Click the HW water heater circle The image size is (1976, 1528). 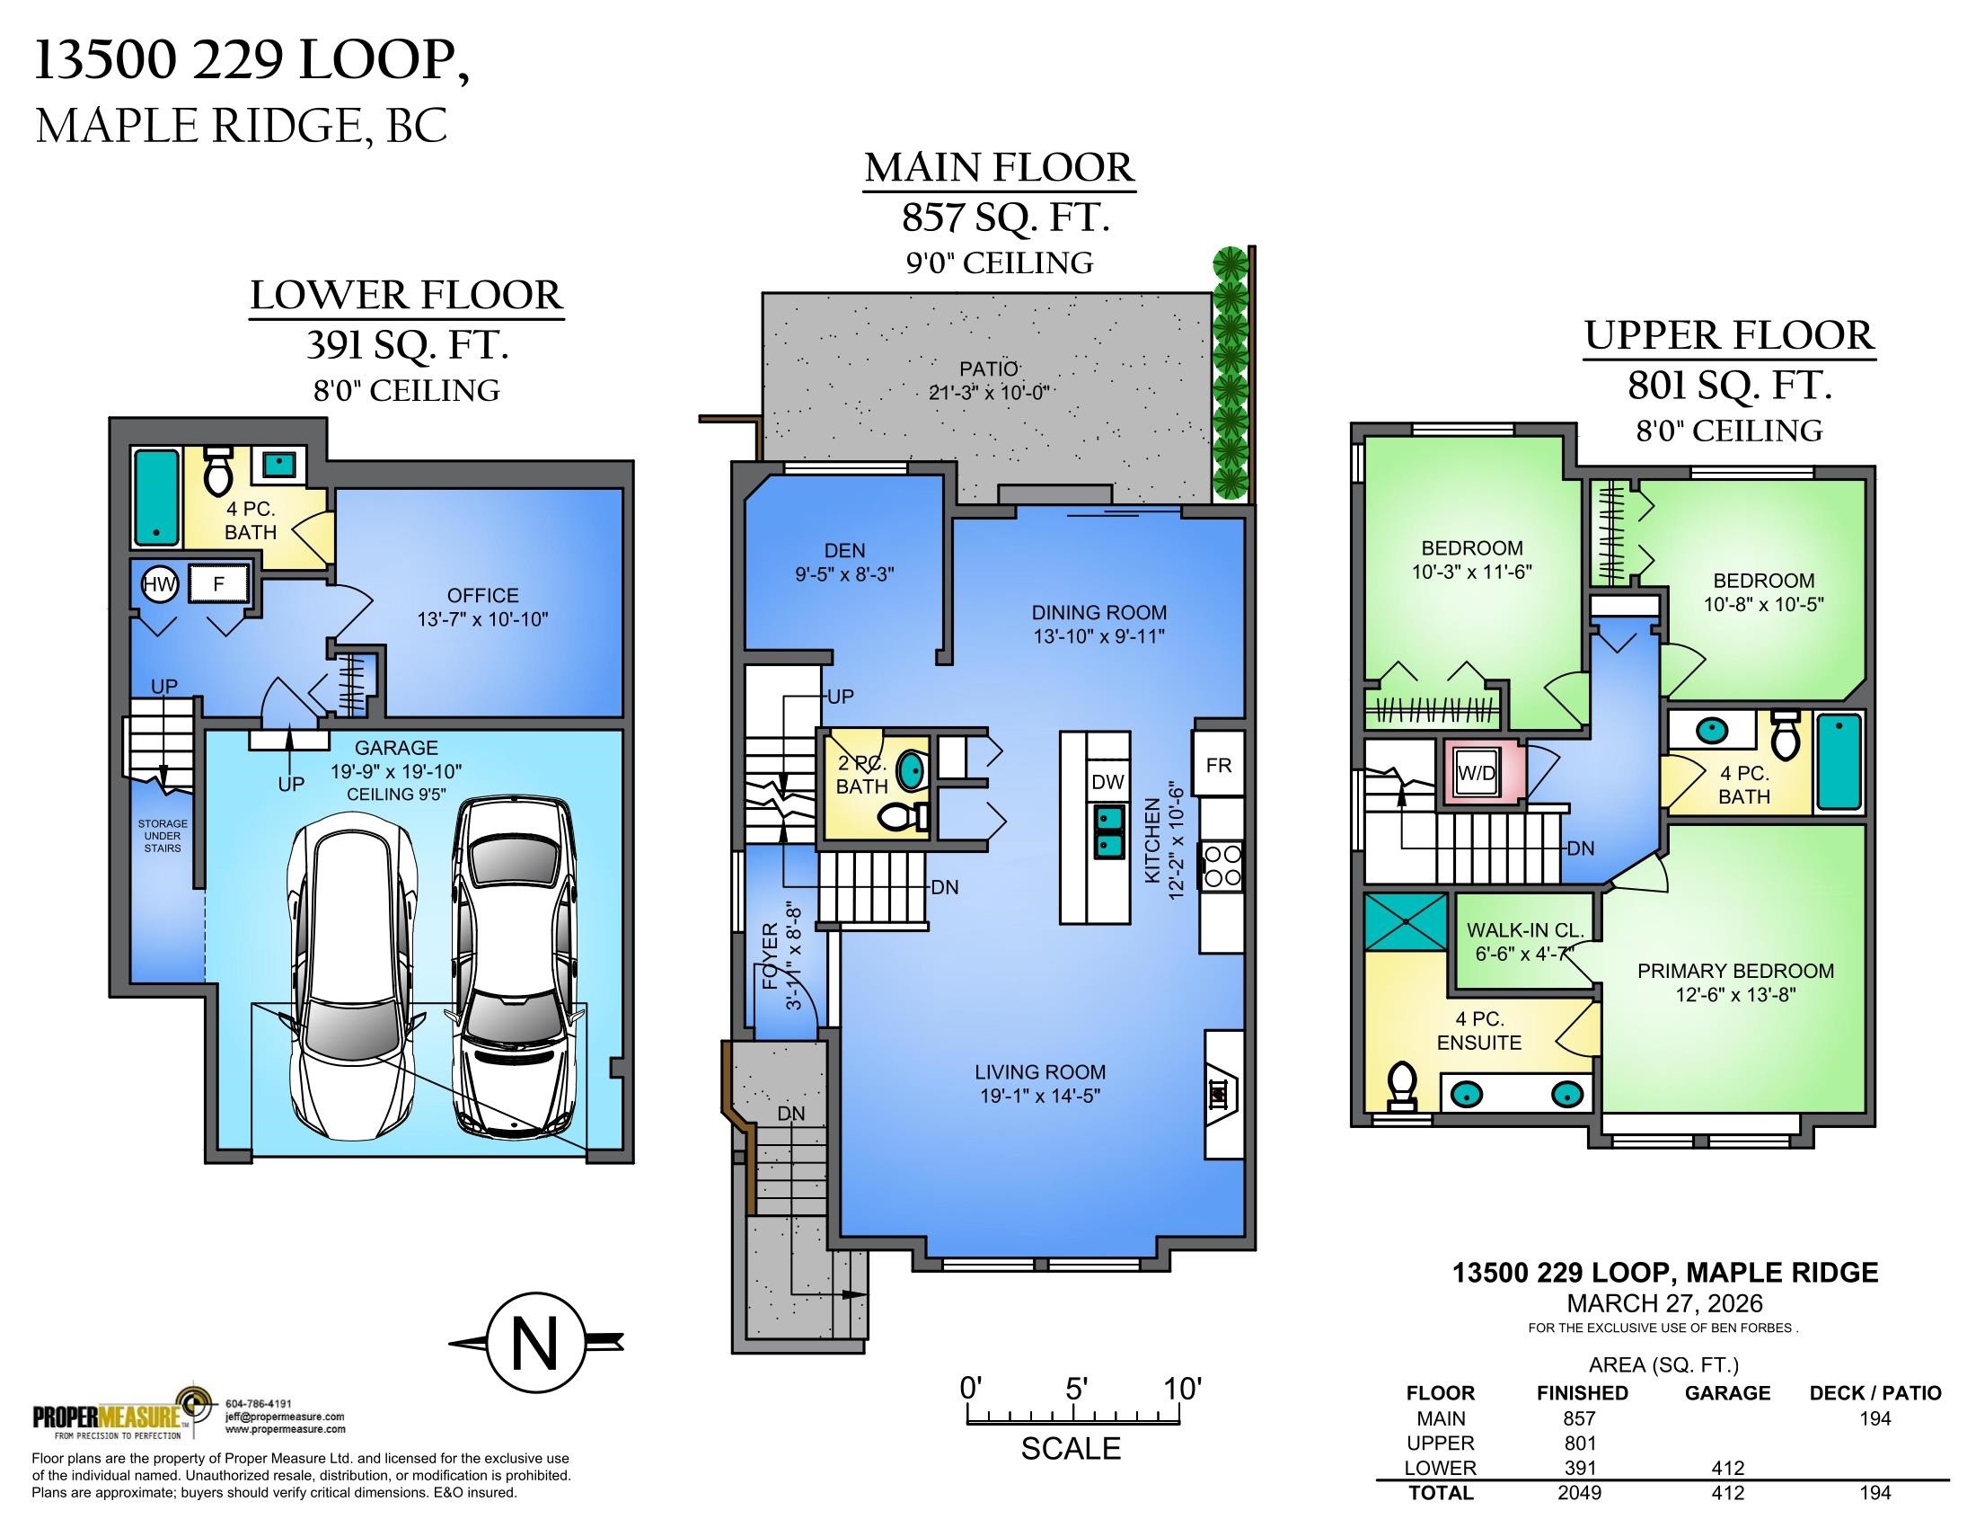tap(161, 585)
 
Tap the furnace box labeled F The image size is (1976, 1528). tap(218, 585)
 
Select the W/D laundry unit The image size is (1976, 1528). tap(1476, 774)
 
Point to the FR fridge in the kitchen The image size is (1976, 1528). tap(1219, 765)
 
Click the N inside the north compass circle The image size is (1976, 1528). tap(534, 1344)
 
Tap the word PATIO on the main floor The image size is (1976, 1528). tap(989, 369)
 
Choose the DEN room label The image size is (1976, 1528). tap(844, 550)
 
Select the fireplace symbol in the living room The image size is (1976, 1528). tap(1219, 1094)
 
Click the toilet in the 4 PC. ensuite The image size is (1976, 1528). tap(1401, 1086)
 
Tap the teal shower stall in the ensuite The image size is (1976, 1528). tap(1404, 921)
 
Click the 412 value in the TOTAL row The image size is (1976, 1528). tap(1727, 1493)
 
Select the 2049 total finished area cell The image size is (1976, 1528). tap(1580, 1493)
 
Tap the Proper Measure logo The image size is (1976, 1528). tap(122, 1414)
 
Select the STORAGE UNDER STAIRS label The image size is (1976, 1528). tap(163, 836)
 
